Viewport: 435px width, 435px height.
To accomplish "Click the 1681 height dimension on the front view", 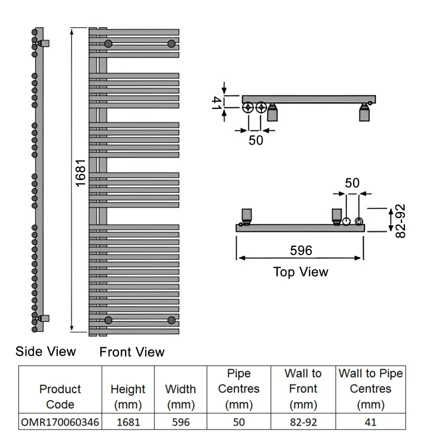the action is (80, 173).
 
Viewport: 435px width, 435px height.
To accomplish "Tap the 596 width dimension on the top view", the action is (301, 251).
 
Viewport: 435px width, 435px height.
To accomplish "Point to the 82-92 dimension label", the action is (400, 221).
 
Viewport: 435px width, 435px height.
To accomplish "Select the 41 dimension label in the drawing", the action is (216, 103).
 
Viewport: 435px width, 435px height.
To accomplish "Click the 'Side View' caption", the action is (46, 351).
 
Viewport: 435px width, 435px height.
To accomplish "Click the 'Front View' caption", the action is (132, 352).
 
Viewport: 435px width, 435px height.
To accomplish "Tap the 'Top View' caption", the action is (301, 272).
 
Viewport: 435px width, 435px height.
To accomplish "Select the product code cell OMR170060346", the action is (60, 422).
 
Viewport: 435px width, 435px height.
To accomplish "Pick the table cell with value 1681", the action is (128, 422).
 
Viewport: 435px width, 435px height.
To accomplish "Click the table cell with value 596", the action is (181, 422).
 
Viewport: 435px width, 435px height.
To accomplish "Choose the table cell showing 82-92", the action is (303, 422).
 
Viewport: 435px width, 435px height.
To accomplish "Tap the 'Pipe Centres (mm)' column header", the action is (239, 389).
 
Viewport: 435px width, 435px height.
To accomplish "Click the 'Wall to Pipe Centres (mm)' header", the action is (371, 389).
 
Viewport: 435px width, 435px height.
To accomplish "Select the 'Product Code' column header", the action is (60, 397).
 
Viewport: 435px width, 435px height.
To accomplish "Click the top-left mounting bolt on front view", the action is (108, 43).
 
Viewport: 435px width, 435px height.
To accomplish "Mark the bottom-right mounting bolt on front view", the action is (171, 320).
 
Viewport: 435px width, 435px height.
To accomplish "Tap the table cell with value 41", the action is (371, 422).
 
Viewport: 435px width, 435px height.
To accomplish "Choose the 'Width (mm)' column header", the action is (181, 397).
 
